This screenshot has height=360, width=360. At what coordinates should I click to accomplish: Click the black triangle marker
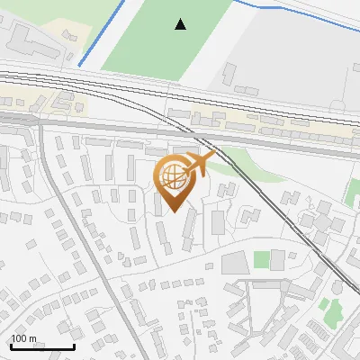[x=181, y=24]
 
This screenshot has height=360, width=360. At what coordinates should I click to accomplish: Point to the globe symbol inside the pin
[x=174, y=177]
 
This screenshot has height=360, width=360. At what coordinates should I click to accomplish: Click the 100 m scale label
[x=23, y=338]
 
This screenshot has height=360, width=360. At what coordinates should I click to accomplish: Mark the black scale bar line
[x=42, y=346]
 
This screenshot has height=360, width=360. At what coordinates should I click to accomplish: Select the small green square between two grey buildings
[x=261, y=260]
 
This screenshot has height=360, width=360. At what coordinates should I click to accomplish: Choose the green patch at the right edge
[x=353, y=191]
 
